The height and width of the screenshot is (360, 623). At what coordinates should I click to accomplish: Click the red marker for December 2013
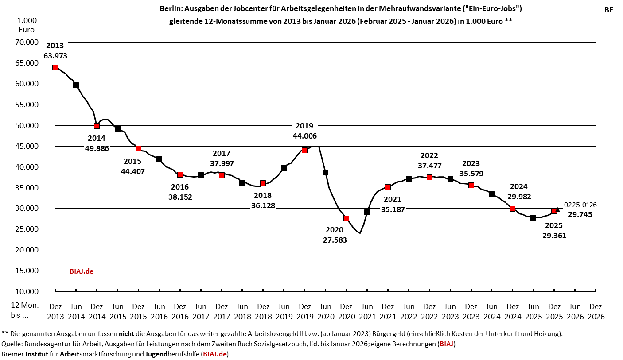(55, 67)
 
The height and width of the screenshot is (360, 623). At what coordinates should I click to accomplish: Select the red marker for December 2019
(304, 150)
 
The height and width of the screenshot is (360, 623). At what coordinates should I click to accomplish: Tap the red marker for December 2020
(346, 218)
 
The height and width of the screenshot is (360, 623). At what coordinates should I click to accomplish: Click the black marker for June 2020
(325, 172)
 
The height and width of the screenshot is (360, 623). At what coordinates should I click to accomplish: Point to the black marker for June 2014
(76, 85)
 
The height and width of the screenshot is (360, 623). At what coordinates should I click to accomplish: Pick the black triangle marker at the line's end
(558, 209)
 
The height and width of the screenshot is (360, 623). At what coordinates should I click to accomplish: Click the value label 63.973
(55, 56)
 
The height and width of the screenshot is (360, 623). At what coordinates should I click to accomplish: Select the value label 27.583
(335, 240)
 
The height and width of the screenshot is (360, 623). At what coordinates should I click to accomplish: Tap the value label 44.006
(304, 136)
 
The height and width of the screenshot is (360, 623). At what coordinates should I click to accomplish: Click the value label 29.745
(580, 214)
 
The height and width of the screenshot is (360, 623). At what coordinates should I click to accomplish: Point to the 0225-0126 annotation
(580, 205)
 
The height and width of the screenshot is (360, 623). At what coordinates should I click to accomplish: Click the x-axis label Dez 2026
(596, 311)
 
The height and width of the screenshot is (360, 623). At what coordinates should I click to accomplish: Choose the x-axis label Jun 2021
(367, 311)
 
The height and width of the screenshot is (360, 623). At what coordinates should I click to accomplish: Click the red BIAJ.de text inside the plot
(82, 271)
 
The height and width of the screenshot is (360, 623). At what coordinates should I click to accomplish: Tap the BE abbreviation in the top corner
(609, 10)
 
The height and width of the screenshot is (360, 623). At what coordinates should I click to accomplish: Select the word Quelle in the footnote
(12, 344)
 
